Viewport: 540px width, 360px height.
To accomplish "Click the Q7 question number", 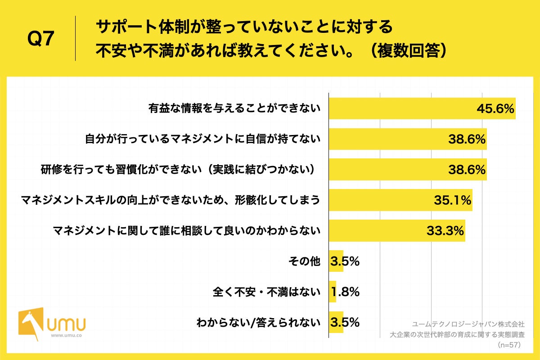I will (40, 39).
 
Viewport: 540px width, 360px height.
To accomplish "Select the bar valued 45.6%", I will (422, 108).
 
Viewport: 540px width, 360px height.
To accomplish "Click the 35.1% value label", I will (452, 200).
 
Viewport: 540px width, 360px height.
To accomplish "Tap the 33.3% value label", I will (445, 231).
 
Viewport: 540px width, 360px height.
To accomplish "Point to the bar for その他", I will (336, 261).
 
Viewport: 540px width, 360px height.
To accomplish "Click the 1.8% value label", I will (345, 292).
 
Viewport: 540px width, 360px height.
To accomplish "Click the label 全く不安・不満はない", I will (266, 292).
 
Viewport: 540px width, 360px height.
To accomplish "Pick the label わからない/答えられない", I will (258, 323).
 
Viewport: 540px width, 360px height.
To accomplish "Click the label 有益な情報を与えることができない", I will (234, 108).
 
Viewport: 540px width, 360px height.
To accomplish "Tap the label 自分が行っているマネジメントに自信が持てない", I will (203, 139).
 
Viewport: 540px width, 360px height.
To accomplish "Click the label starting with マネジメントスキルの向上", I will (171, 200).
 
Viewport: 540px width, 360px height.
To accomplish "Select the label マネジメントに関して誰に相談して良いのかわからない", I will (186, 231).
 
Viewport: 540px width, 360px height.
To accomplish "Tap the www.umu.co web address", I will (66, 336).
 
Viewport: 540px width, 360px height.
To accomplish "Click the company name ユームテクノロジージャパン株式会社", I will (468, 324).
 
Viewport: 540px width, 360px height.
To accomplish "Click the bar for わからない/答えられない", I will (336, 322).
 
